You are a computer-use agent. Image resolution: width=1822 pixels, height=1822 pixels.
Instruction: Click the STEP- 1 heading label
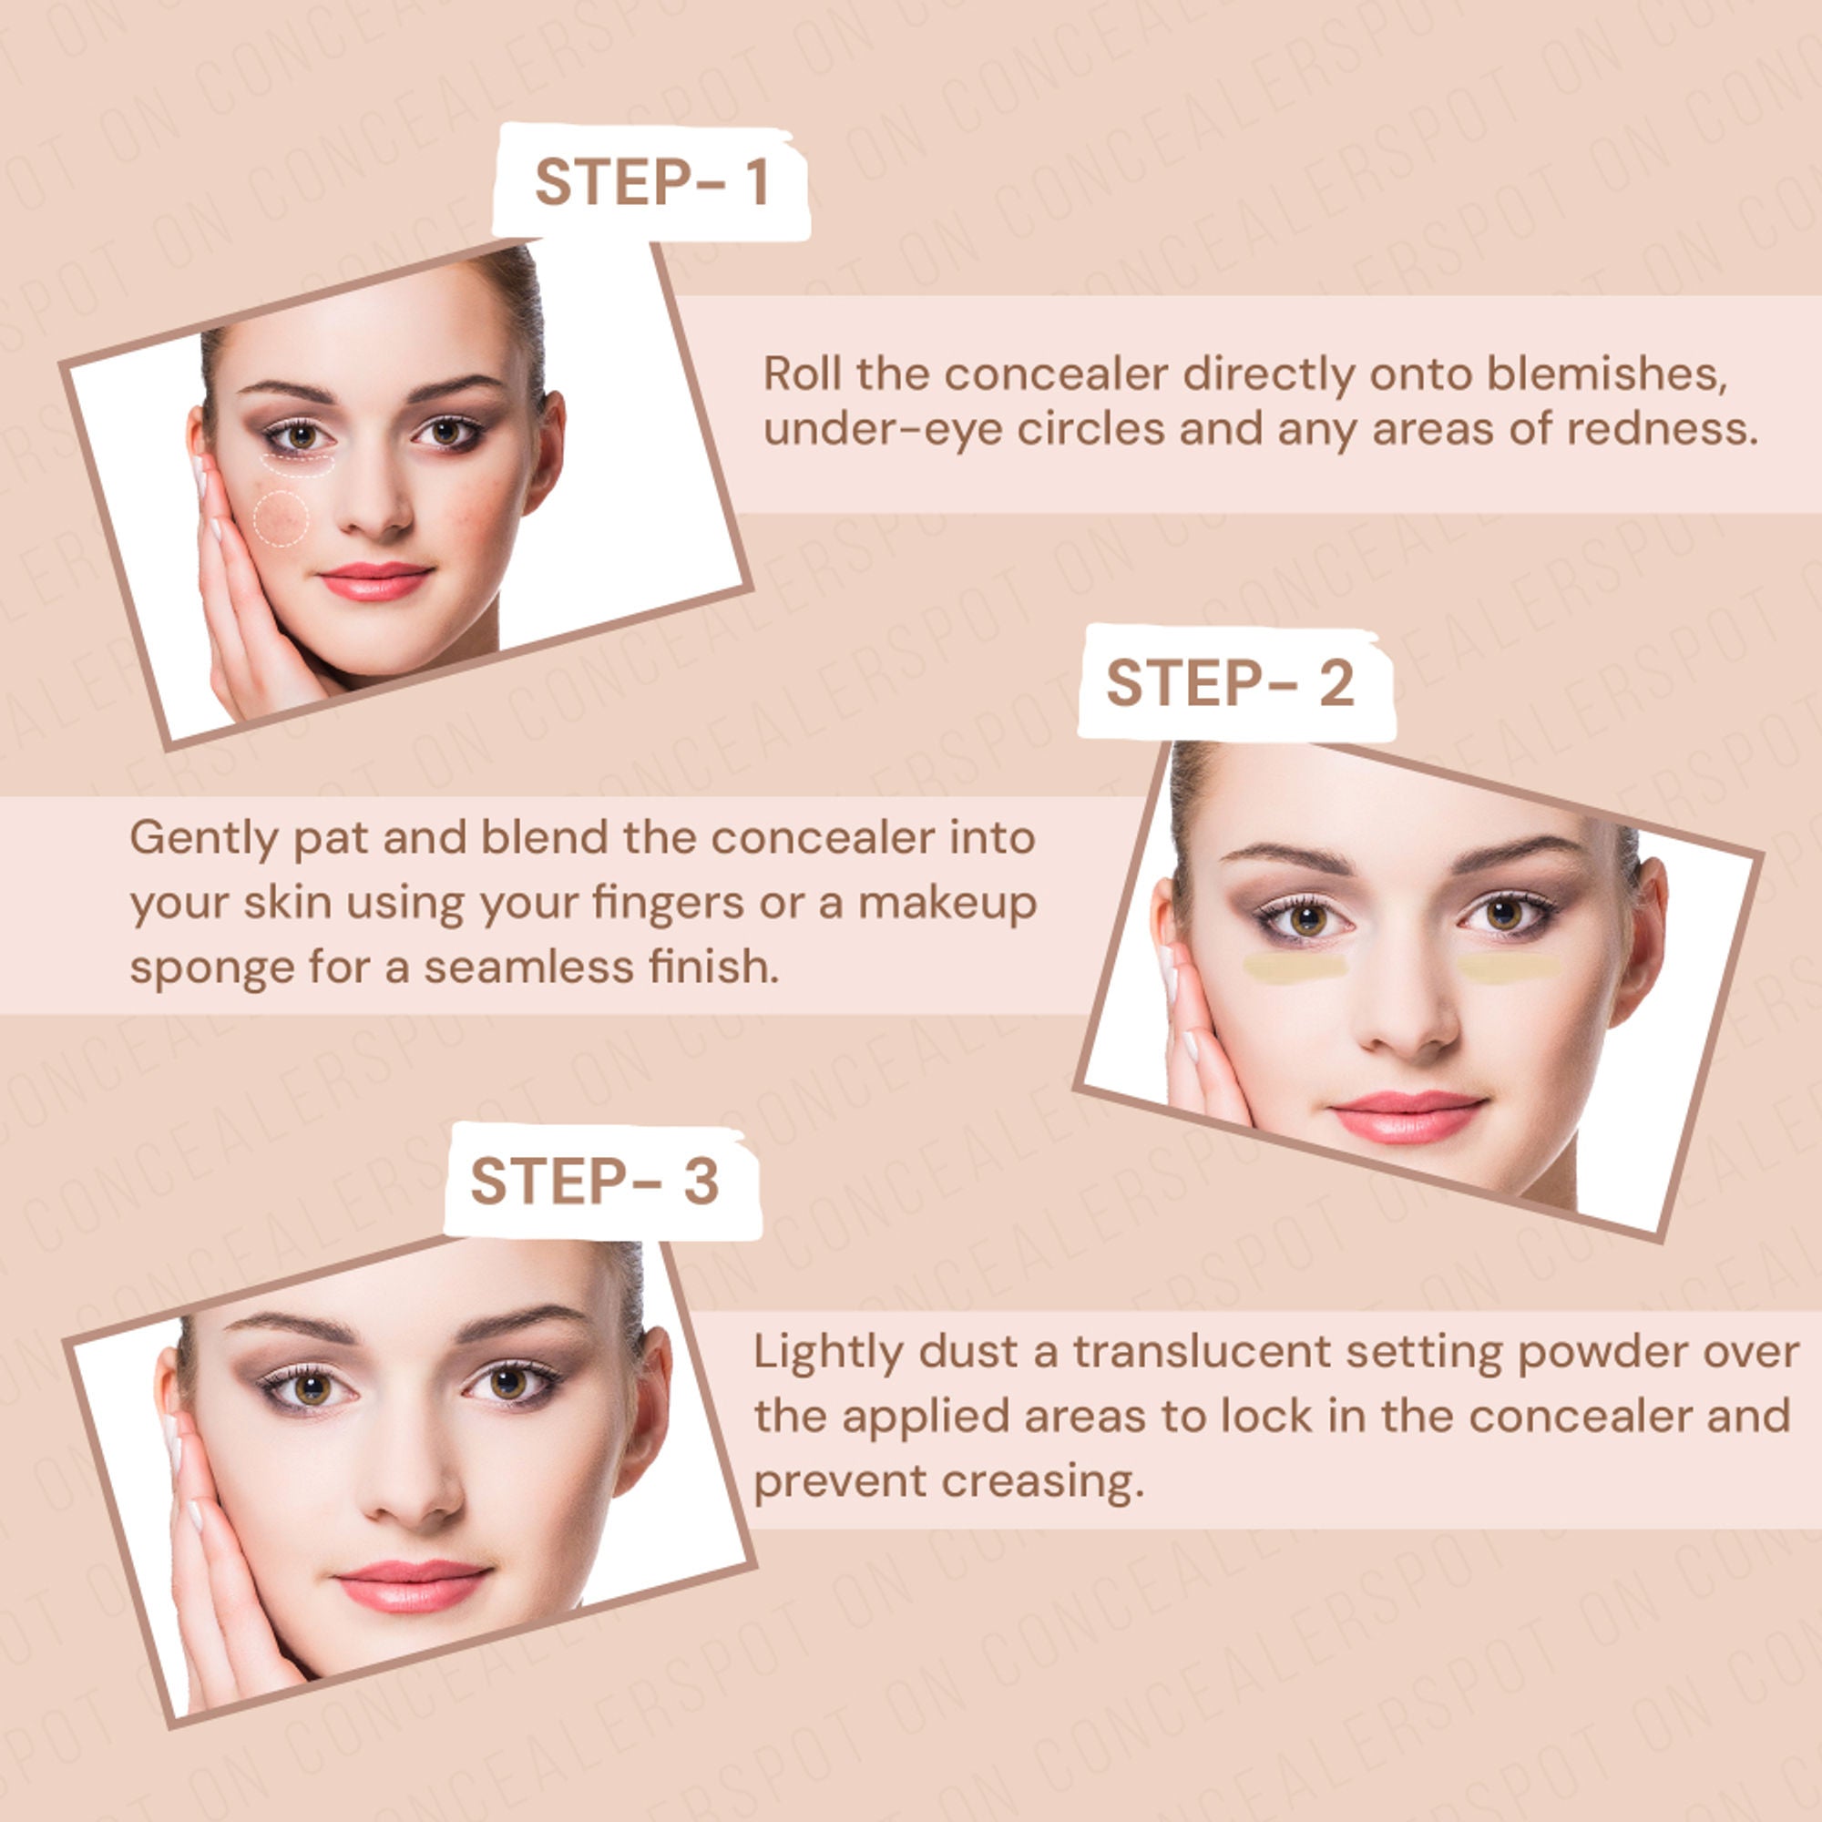pos(651,182)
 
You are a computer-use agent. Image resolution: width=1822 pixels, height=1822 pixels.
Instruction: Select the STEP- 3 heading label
pos(595,1181)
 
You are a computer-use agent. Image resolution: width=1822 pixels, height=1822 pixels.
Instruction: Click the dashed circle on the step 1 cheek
pos(280,517)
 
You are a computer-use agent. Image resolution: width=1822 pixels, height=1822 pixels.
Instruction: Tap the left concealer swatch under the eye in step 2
pos(1295,967)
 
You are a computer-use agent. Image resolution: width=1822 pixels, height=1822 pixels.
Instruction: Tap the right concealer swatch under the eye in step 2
pos(1510,967)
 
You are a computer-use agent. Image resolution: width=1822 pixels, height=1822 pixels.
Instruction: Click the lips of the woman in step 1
pos(375,581)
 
